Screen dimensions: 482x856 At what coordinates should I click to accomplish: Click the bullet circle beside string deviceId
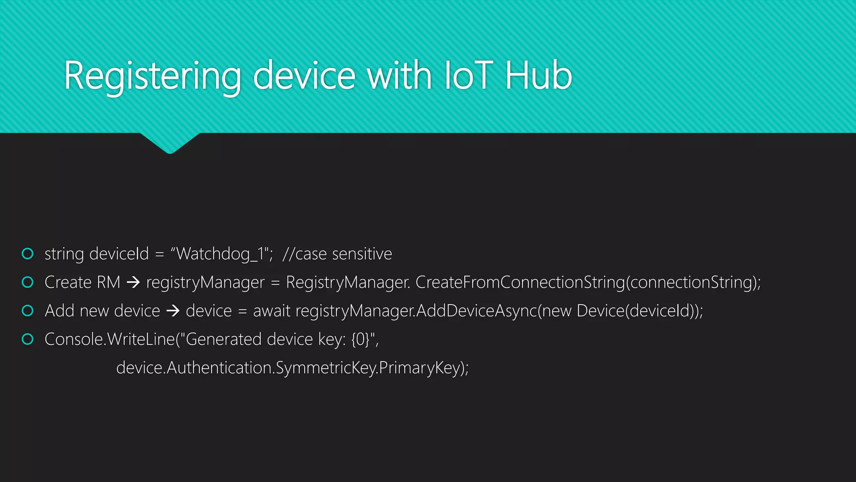tap(28, 254)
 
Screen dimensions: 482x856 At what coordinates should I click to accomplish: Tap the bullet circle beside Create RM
tap(28, 282)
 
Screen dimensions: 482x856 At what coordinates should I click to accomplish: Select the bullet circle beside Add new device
tap(28, 310)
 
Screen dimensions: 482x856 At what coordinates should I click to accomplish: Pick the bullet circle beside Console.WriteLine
tap(28, 339)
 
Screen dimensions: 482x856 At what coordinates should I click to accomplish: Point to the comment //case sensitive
tap(337, 254)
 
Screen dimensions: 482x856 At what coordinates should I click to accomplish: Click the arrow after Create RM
tap(133, 282)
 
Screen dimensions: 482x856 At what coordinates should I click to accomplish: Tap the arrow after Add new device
tap(173, 311)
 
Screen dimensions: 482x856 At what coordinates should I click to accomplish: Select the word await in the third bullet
tap(271, 311)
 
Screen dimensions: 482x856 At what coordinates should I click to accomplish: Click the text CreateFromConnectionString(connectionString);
tap(588, 282)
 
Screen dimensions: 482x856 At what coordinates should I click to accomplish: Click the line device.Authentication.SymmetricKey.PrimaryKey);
tap(292, 368)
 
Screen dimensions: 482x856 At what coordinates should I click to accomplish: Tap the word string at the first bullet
tap(64, 254)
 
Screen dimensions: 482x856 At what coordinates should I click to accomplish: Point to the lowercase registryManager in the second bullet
tap(205, 282)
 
